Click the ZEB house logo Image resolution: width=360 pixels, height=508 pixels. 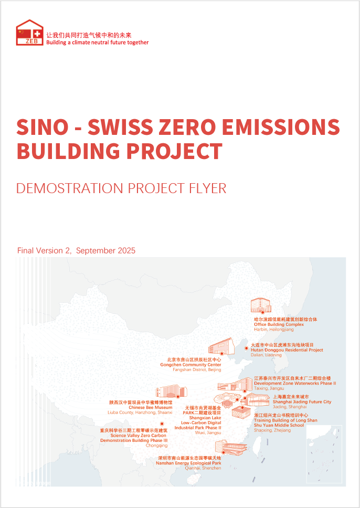click(29, 33)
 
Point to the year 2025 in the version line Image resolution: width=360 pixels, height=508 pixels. click(123, 251)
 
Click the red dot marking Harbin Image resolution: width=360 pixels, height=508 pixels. click(262, 312)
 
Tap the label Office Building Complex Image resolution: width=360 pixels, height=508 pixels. click(279, 324)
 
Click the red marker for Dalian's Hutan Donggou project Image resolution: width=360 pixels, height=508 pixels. click(246, 348)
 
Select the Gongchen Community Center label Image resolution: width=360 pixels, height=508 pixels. click(191, 365)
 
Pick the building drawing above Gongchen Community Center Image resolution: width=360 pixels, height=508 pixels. click(220, 346)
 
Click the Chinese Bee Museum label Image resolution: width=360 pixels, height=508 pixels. click(151, 408)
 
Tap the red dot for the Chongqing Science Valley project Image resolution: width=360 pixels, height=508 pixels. click(162, 424)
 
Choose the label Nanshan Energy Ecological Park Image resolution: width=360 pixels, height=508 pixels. click(188, 463)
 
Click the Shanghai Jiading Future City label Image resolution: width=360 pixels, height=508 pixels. click(293, 402)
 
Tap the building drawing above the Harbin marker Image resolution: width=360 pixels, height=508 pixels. click(260, 305)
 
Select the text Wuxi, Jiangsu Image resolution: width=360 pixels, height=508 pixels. click(208, 432)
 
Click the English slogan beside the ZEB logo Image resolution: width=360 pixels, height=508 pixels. click(98, 43)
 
